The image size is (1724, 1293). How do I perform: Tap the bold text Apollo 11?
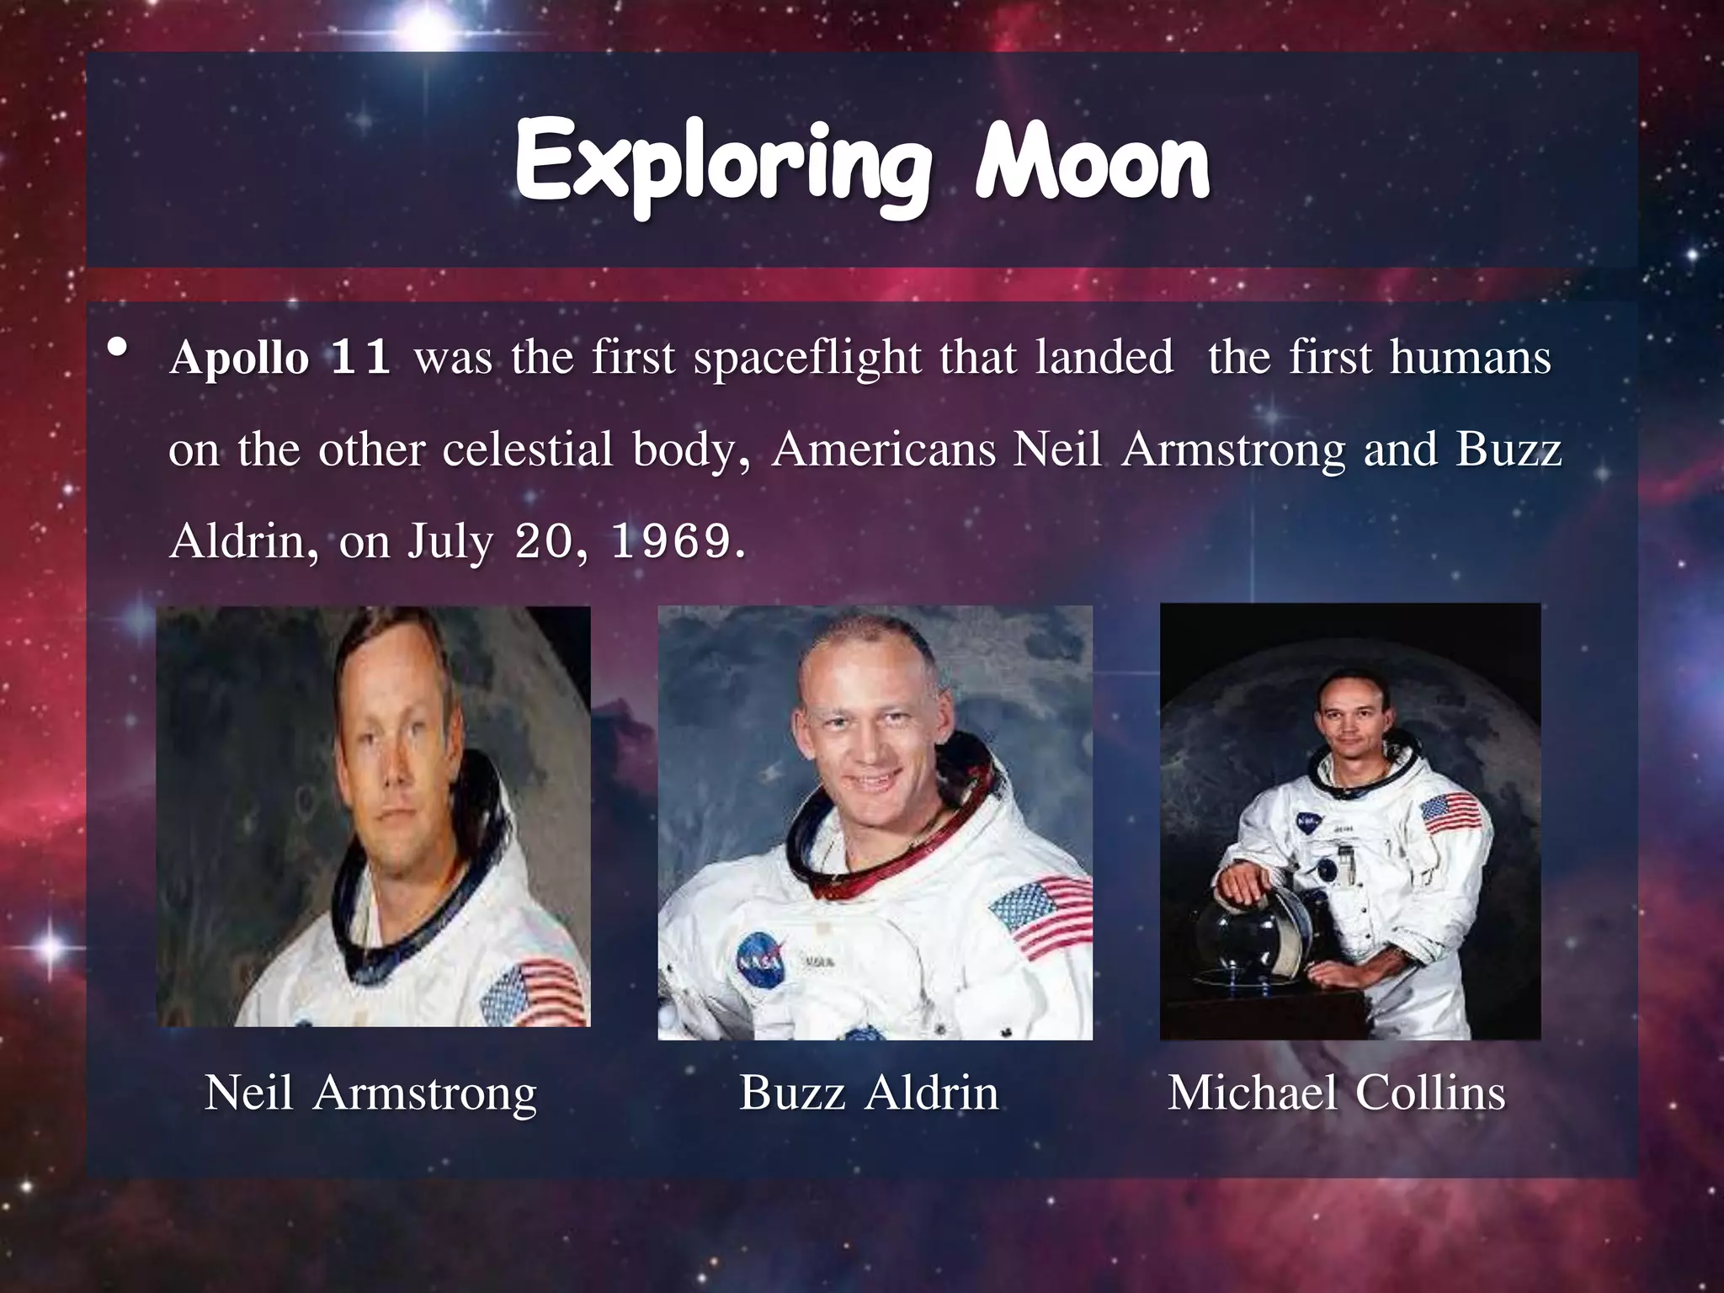[279, 357]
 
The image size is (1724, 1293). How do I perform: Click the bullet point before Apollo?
[118, 347]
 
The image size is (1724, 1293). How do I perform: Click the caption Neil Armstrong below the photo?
[370, 1093]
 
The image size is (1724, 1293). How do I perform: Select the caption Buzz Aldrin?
[869, 1093]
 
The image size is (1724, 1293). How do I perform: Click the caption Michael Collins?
[1336, 1093]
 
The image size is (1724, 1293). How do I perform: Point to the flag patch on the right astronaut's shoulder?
[1449, 813]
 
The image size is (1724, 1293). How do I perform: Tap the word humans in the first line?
[1470, 357]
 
